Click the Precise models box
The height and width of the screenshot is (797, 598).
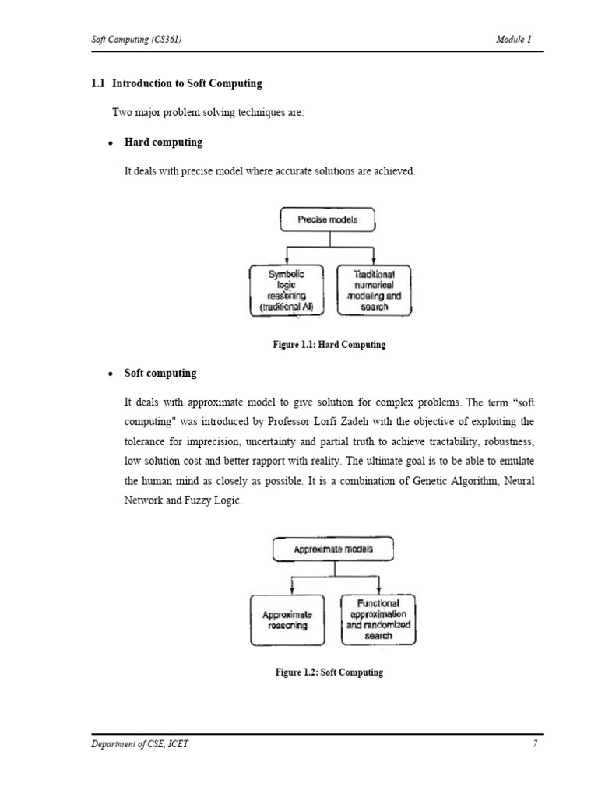pos(327,220)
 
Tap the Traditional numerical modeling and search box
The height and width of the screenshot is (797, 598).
pos(374,290)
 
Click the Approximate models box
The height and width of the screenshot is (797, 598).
pos(333,549)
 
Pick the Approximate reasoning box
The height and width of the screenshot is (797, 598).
pos(287,620)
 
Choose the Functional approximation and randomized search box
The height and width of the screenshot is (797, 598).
pos(378,620)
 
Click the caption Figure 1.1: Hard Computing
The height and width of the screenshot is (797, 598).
pos(330,345)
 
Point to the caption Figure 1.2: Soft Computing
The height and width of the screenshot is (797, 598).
pos(330,672)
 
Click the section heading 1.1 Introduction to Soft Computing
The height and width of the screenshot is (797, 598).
pos(177,83)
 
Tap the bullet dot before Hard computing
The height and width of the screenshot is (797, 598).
pos(111,143)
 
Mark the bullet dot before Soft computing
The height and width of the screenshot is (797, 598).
pos(111,374)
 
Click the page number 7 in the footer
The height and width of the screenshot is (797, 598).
pos(535,744)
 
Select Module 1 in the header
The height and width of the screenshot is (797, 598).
pos(513,40)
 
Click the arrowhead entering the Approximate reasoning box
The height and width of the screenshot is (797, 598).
pos(290,592)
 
